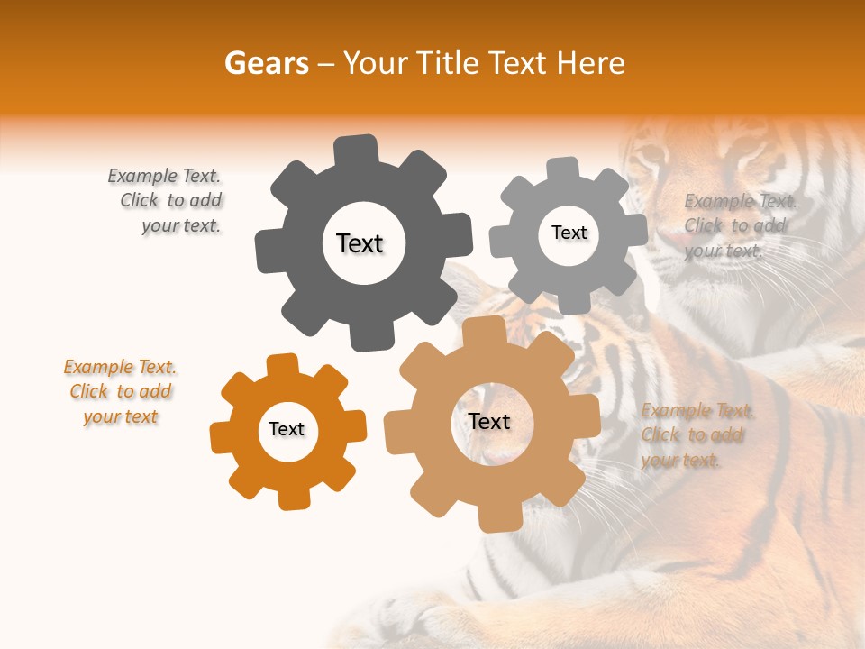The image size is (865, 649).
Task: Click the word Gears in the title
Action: pyautogui.click(x=266, y=63)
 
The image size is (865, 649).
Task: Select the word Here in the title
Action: pyautogui.click(x=591, y=63)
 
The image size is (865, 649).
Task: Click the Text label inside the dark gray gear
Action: pyautogui.click(x=360, y=243)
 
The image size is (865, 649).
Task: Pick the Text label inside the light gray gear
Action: pyautogui.click(x=569, y=233)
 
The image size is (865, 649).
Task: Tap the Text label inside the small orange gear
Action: pyautogui.click(x=287, y=429)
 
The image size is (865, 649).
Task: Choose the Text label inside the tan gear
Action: pyautogui.click(x=489, y=421)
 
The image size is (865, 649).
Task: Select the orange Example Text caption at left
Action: pyautogui.click(x=121, y=392)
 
